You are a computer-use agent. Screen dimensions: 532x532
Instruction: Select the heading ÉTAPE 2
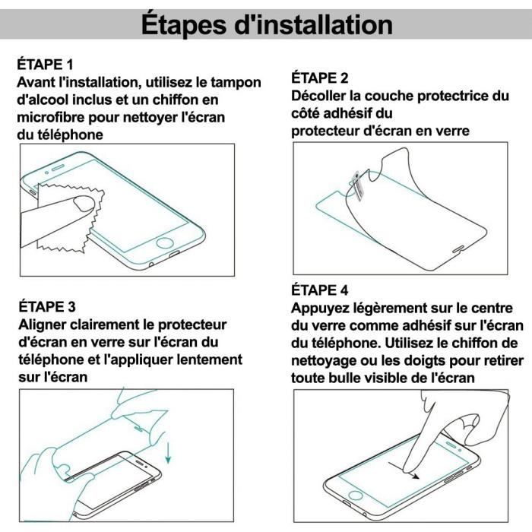(x=320, y=78)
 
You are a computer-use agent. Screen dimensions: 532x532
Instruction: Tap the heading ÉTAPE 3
(x=46, y=307)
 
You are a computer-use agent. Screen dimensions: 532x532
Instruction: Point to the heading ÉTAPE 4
(x=320, y=290)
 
